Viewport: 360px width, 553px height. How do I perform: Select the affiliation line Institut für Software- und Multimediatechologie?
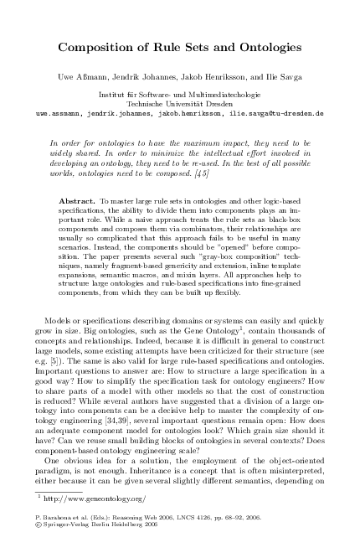click(x=180, y=94)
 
